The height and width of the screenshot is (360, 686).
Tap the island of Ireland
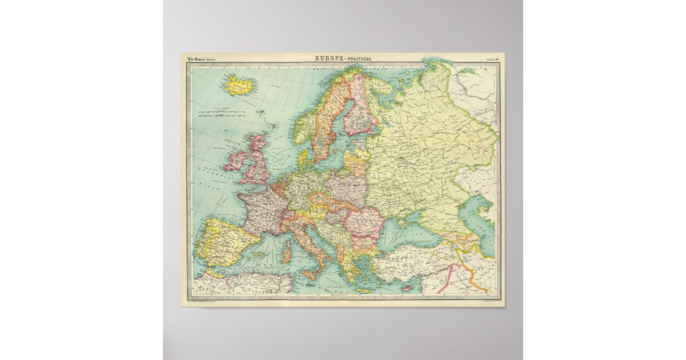point(236,160)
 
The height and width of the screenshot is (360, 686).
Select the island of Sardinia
point(286,252)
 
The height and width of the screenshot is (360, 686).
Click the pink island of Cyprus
point(407,289)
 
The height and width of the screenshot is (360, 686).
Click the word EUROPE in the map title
point(328,58)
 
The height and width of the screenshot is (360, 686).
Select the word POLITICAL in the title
point(359,58)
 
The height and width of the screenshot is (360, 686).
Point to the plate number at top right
point(492,58)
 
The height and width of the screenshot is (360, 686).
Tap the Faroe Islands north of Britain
point(261,112)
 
